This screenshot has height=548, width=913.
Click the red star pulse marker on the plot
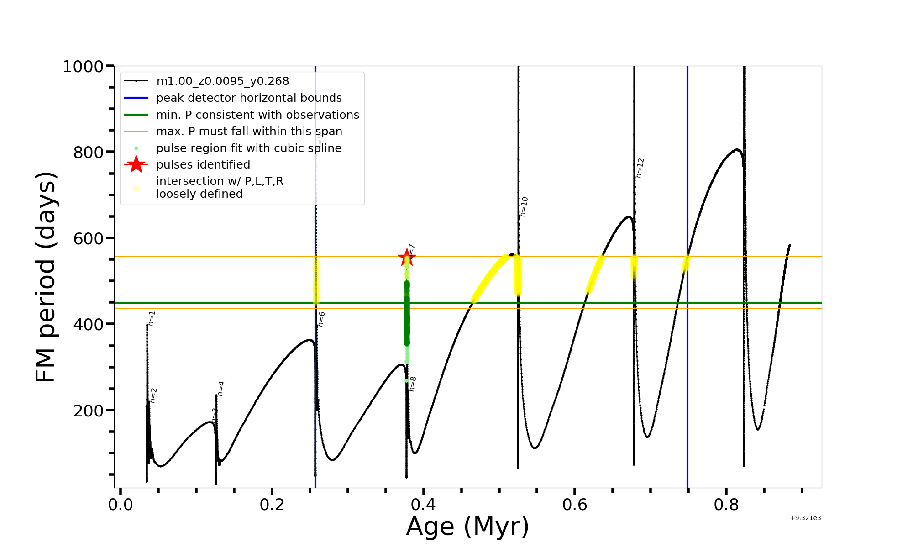tap(406, 258)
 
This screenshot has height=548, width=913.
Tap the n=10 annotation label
tap(524, 206)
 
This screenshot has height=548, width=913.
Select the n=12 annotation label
tap(640, 168)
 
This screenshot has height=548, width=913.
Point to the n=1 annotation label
tap(152, 318)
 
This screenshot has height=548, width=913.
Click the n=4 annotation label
tap(220, 389)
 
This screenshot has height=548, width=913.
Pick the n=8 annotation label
tap(412, 384)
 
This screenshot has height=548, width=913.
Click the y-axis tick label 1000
tap(83, 67)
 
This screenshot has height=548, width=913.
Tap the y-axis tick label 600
tap(89, 238)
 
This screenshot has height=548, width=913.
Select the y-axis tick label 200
tap(89, 411)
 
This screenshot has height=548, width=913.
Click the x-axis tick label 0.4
tap(424, 505)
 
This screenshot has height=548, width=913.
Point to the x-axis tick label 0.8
tap(726, 505)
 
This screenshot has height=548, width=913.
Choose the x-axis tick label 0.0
tap(121, 505)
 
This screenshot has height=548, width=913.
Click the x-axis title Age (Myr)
tap(467, 527)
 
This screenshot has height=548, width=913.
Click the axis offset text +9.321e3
tap(805, 518)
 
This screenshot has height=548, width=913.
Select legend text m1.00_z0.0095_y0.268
tap(222, 81)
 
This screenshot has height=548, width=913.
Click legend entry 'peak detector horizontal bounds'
tap(249, 98)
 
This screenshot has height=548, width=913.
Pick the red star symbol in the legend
tap(136, 164)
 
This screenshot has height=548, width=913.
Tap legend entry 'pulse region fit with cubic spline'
tap(248, 148)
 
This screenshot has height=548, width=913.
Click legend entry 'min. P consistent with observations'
tap(257, 115)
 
